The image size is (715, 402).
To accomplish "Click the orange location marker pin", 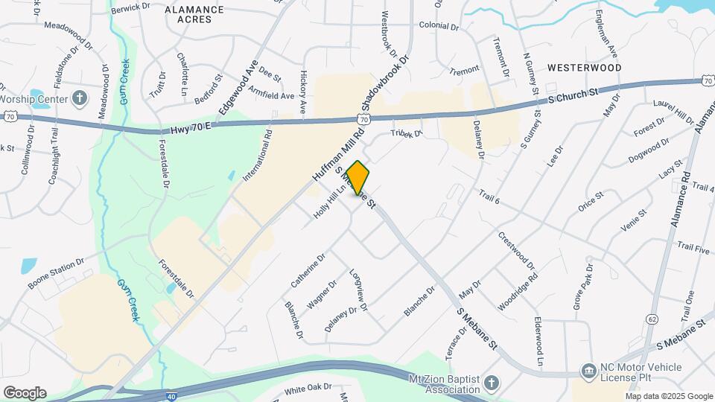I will point(357,178).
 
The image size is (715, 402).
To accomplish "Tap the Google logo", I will point(25,393).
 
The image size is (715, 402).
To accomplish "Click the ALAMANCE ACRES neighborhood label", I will point(194,15).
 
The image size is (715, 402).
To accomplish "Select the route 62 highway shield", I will point(652,319).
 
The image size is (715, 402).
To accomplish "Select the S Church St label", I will point(573,95).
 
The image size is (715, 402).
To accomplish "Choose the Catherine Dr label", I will point(308,271).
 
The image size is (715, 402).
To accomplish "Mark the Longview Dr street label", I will point(358,286).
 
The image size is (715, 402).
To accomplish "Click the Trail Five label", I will point(693,246).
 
